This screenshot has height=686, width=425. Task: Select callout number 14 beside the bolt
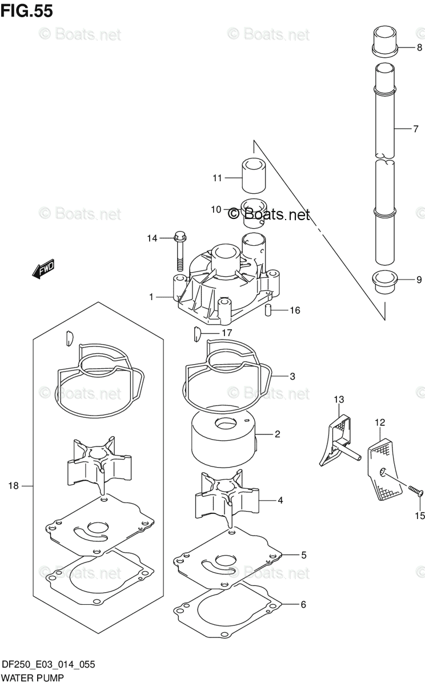[x=151, y=238]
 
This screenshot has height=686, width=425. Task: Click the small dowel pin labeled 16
[x=267, y=310]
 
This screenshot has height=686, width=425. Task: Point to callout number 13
[x=339, y=399]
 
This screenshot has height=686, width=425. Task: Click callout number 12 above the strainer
[x=380, y=422]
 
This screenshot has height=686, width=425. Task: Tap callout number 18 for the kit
[x=14, y=485]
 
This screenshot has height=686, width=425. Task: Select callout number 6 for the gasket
[x=303, y=604]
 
